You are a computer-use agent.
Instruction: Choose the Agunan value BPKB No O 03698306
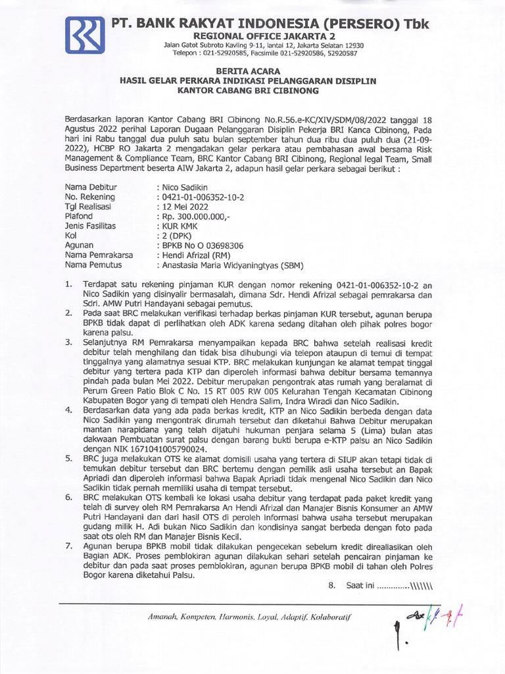click(195, 246)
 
